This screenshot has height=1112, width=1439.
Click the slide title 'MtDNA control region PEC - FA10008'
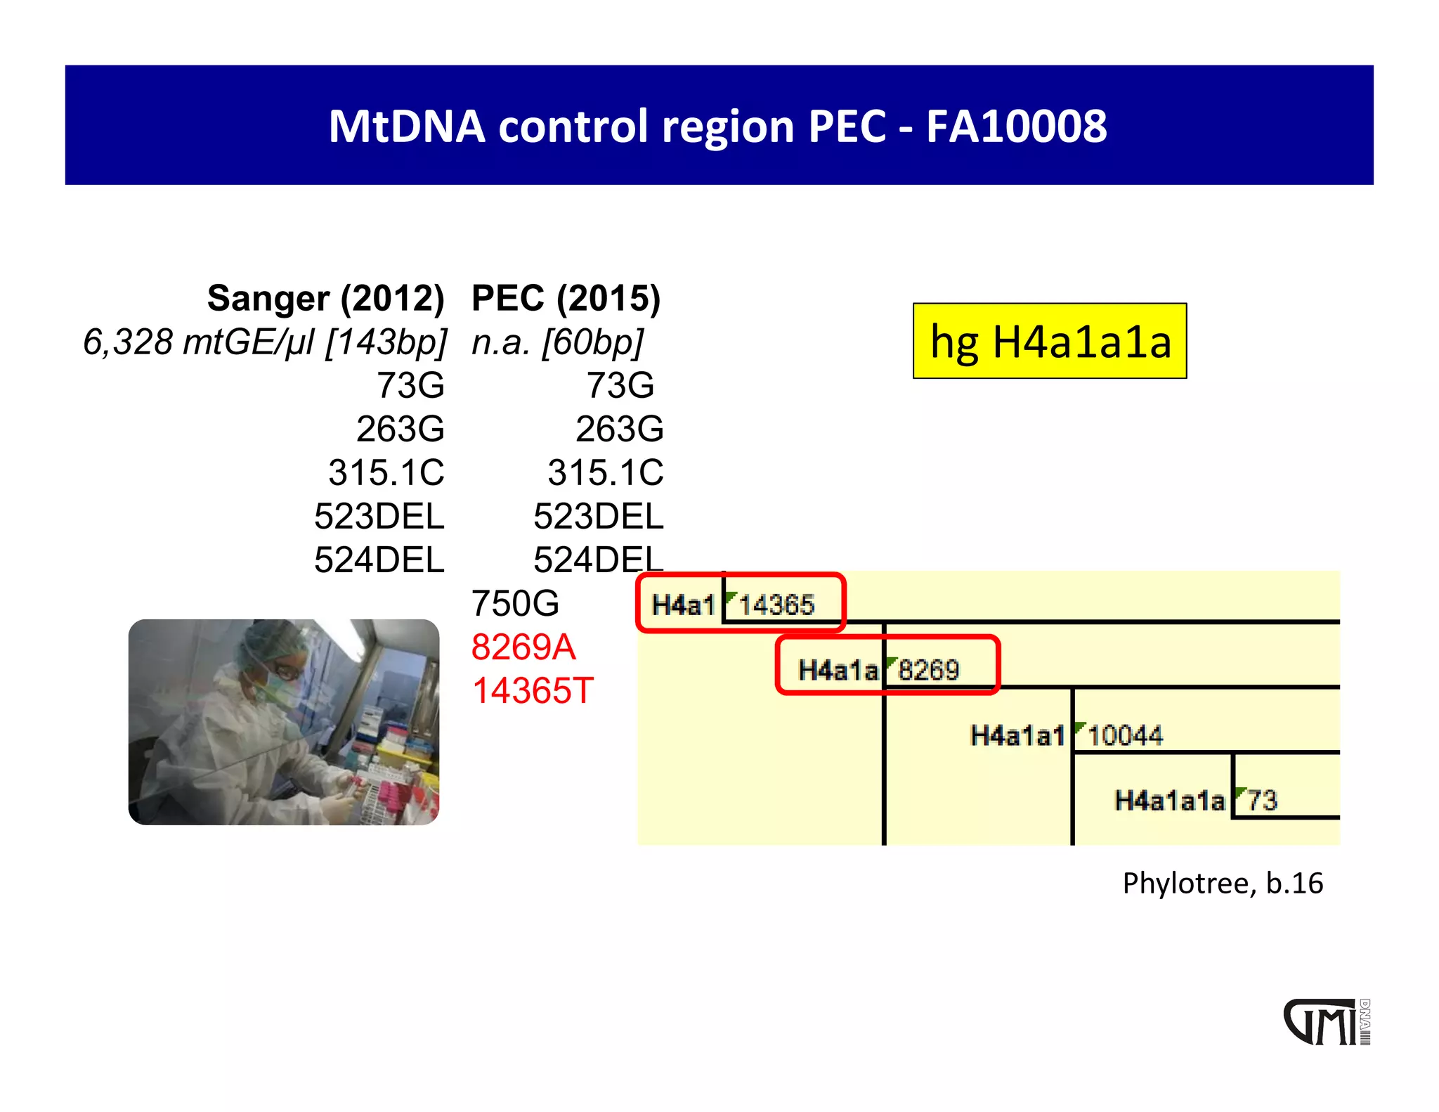[x=718, y=127]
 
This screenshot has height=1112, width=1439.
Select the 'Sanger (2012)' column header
[x=325, y=298]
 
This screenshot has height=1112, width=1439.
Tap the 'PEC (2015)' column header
[x=566, y=298]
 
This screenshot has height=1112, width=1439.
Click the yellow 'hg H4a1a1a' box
[x=1050, y=342]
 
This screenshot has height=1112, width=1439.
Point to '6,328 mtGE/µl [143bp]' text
[x=265, y=342]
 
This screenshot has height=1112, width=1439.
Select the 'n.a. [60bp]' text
[x=557, y=342]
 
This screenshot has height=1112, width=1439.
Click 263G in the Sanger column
[x=400, y=429]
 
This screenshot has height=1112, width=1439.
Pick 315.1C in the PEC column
[x=605, y=472]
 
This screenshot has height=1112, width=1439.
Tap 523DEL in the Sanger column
[x=379, y=517]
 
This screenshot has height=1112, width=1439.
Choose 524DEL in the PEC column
[x=598, y=560]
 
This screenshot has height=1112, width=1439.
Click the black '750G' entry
[x=515, y=604]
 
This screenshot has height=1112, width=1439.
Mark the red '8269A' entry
[x=523, y=647]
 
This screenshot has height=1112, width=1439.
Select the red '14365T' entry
[x=533, y=691]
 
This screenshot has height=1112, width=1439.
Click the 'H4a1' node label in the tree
[x=683, y=605]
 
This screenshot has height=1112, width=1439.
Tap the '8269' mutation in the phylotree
[x=928, y=671]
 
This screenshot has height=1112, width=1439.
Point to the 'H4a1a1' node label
[x=1017, y=736]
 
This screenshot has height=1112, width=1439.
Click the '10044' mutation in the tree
[x=1125, y=736]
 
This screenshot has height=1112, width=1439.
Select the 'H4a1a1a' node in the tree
[x=1170, y=801]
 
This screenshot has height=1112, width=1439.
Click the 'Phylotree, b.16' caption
[x=1223, y=884]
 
